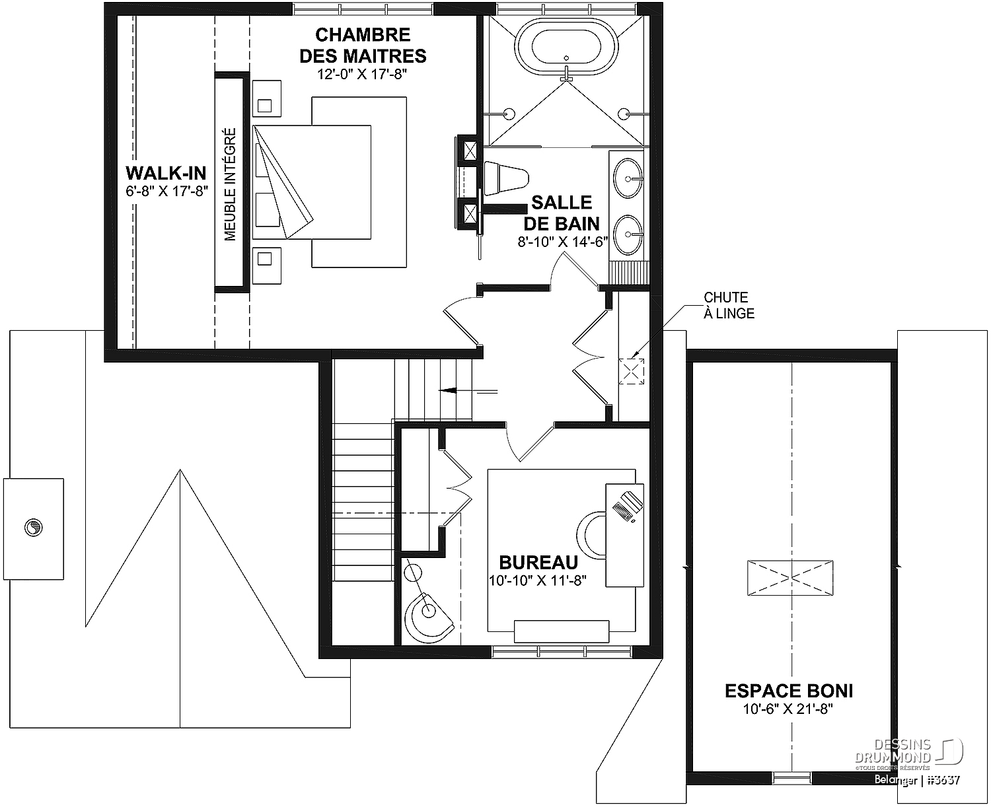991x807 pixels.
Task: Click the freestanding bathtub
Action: click(566, 46)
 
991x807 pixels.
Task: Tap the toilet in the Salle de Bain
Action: click(505, 178)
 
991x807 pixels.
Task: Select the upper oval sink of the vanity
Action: click(628, 178)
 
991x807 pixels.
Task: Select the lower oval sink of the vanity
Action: click(628, 235)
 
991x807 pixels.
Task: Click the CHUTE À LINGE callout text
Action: click(729, 305)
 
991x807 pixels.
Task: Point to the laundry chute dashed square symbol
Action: click(632, 371)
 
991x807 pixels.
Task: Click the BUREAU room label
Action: click(538, 563)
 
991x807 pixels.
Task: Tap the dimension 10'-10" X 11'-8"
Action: click(537, 580)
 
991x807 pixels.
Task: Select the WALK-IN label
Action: click(166, 173)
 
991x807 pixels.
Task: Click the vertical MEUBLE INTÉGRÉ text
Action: click(231, 185)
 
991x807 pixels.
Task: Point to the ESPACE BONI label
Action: click(789, 691)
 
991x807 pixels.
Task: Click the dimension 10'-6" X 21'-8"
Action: click(788, 709)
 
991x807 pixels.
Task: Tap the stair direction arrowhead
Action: click(447, 391)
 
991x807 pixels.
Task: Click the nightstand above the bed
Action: click(267, 98)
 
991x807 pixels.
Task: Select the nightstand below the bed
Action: click(267, 265)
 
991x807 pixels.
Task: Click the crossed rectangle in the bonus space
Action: click(790, 578)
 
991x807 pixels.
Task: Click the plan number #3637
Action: click(943, 780)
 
